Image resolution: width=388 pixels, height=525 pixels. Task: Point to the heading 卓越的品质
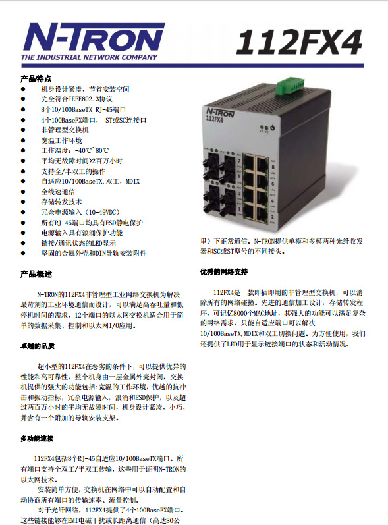click(38, 345)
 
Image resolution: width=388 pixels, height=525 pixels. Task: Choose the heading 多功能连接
click(38, 439)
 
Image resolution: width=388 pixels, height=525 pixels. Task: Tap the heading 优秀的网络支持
click(224, 271)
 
